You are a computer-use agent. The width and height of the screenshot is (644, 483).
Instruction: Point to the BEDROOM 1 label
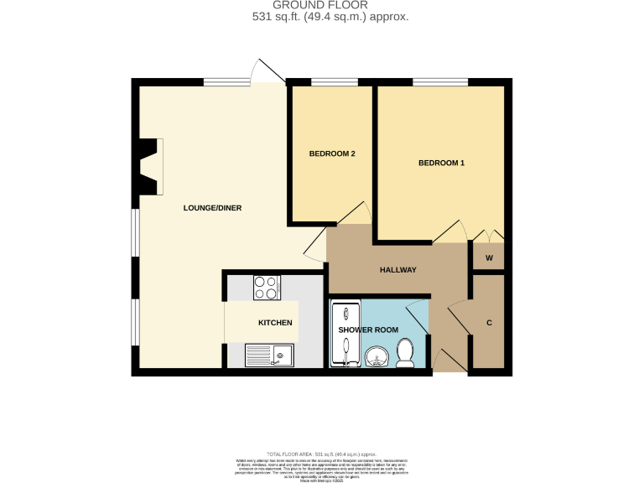coord(441,163)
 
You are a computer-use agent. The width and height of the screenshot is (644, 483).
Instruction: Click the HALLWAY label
coord(397,269)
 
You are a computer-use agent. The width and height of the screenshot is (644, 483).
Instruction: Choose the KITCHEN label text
coord(275,323)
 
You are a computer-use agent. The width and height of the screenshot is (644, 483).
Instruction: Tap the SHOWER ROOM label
coord(368,330)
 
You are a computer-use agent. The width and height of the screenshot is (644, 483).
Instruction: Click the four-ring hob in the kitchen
coord(267,288)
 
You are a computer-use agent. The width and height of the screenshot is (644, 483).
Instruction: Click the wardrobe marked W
coord(488,257)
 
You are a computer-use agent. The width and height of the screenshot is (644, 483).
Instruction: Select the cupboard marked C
coord(488,321)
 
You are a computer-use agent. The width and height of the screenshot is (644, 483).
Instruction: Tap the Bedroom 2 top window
coord(335,82)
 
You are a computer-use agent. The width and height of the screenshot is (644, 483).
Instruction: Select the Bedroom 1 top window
coord(439,82)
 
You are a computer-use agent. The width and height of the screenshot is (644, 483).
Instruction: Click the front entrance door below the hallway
coord(450,362)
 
